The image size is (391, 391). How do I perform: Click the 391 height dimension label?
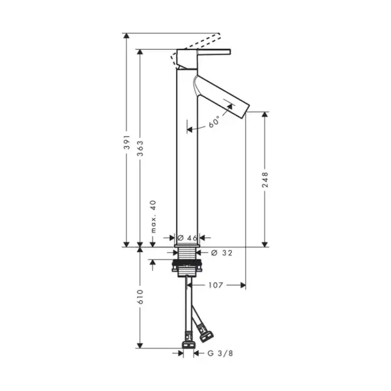coord(127,142)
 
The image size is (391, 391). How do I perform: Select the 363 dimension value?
coord(140,149)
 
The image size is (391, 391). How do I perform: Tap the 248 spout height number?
coord(265,180)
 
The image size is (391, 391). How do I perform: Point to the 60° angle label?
coord(214,122)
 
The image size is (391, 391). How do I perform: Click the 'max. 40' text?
coord(153,216)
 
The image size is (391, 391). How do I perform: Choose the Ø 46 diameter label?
coord(187,238)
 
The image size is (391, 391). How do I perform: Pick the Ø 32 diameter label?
coord(222,253)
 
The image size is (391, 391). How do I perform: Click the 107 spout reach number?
coord(216,285)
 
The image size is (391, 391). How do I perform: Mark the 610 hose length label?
coord(140,297)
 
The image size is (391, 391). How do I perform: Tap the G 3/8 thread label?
coord(220,353)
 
